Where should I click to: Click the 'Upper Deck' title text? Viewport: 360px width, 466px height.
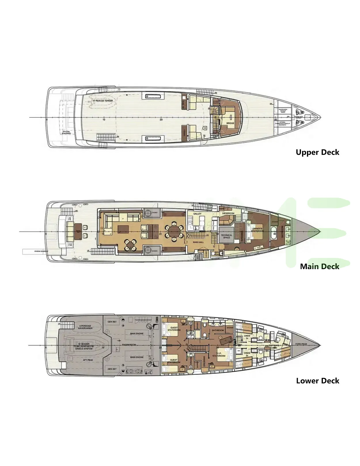click(x=317, y=152)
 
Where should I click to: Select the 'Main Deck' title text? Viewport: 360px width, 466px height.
click(x=319, y=267)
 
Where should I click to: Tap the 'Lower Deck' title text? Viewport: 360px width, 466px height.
click(x=318, y=381)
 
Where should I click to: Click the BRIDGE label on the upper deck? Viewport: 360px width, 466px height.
click(x=230, y=123)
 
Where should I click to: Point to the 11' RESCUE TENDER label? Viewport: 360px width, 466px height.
click(x=103, y=101)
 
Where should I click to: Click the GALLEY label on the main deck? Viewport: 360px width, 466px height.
click(x=197, y=214)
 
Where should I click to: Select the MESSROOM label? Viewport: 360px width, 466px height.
click(x=228, y=214)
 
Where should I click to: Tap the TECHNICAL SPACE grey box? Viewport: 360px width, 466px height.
click(x=227, y=236)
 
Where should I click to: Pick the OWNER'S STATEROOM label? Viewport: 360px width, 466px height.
click(x=257, y=230)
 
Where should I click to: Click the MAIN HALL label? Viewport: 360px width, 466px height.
click(x=198, y=242)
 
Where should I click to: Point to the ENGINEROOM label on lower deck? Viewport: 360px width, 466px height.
click(x=129, y=345)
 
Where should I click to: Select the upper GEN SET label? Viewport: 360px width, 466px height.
click(x=112, y=322)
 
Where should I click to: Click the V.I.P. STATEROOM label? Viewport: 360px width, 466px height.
click(x=219, y=355)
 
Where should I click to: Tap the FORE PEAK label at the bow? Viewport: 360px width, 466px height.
click(x=301, y=344)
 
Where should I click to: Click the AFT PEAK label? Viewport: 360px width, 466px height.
click(x=88, y=360)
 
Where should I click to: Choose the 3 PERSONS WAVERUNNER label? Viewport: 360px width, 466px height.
click(x=85, y=327)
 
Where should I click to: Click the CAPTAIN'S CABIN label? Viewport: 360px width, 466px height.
click(x=274, y=347)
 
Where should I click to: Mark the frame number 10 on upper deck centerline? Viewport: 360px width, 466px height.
click(x=104, y=119)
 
